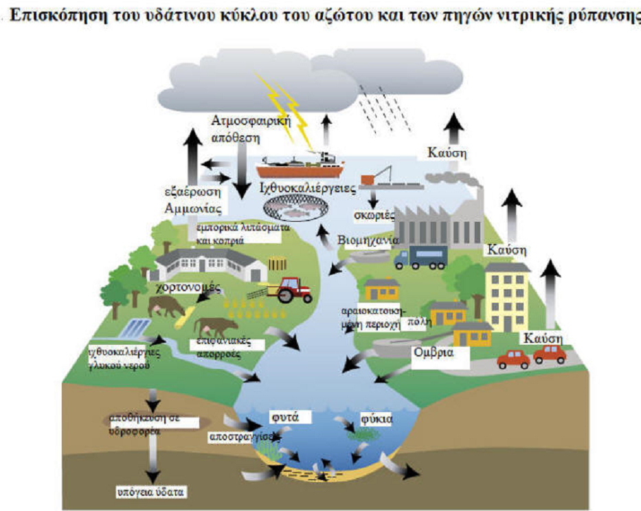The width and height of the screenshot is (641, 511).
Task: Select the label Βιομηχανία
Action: (x=368, y=241)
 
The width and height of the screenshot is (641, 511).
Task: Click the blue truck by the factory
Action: (x=420, y=258)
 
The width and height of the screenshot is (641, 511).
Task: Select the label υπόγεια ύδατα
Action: (x=150, y=492)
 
